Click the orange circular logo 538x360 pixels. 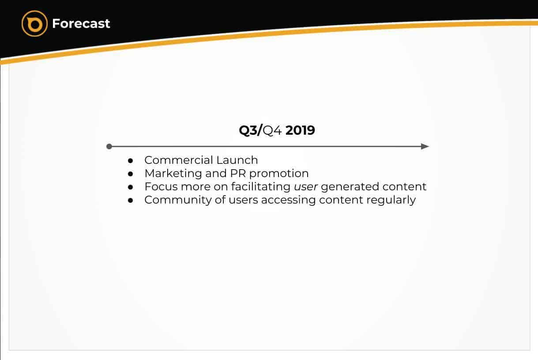(x=34, y=23)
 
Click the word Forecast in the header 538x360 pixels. (x=81, y=23)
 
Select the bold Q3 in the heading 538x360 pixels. (x=248, y=130)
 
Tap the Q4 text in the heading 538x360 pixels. (x=272, y=130)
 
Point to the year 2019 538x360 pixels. (x=300, y=130)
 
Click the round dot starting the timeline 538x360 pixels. (x=109, y=146)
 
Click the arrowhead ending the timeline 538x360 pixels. (x=425, y=146)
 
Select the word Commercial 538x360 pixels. (x=178, y=160)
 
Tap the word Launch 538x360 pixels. (x=237, y=160)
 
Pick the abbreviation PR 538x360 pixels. (x=238, y=173)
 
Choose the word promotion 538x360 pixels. (x=279, y=174)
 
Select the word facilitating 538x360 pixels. (x=261, y=187)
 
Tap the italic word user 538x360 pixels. (x=306, y=187)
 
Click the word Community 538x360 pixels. (x=178, y=200)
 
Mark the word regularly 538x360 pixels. (x=391, y=200)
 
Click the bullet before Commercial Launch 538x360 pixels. (x=130, y=160)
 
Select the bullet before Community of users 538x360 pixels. (x=130, y=200)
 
